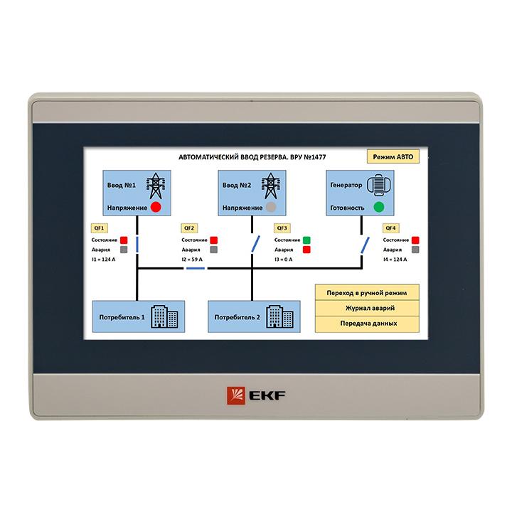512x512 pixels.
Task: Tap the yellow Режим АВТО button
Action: point(393,156)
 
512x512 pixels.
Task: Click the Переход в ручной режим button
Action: point(367,292)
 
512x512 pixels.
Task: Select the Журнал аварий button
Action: point(367,308)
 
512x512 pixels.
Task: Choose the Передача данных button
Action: point(367,324)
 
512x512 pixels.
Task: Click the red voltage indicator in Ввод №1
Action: point(156,207)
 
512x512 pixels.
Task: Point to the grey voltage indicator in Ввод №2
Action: point(271,207)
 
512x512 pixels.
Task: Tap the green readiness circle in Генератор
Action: point(379,207)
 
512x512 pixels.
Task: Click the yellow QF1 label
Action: point(99,228)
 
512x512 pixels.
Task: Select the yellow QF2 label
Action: point(189,228)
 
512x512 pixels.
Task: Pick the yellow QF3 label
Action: point(282,228)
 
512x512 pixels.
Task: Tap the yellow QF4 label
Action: point(390,228)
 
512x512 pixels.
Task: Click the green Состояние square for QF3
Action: point(306,240)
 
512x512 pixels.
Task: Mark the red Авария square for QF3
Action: point(306,250)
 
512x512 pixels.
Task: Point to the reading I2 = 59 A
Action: point(192,260)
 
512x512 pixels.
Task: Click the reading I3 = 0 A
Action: point(284,260)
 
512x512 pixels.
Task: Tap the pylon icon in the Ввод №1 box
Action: point(156,186)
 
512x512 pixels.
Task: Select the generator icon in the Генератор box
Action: point(379,185)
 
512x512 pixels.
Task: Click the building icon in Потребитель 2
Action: point(280,316)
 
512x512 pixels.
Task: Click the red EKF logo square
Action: point(236,396)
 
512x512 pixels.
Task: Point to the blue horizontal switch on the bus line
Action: point(196,268)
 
